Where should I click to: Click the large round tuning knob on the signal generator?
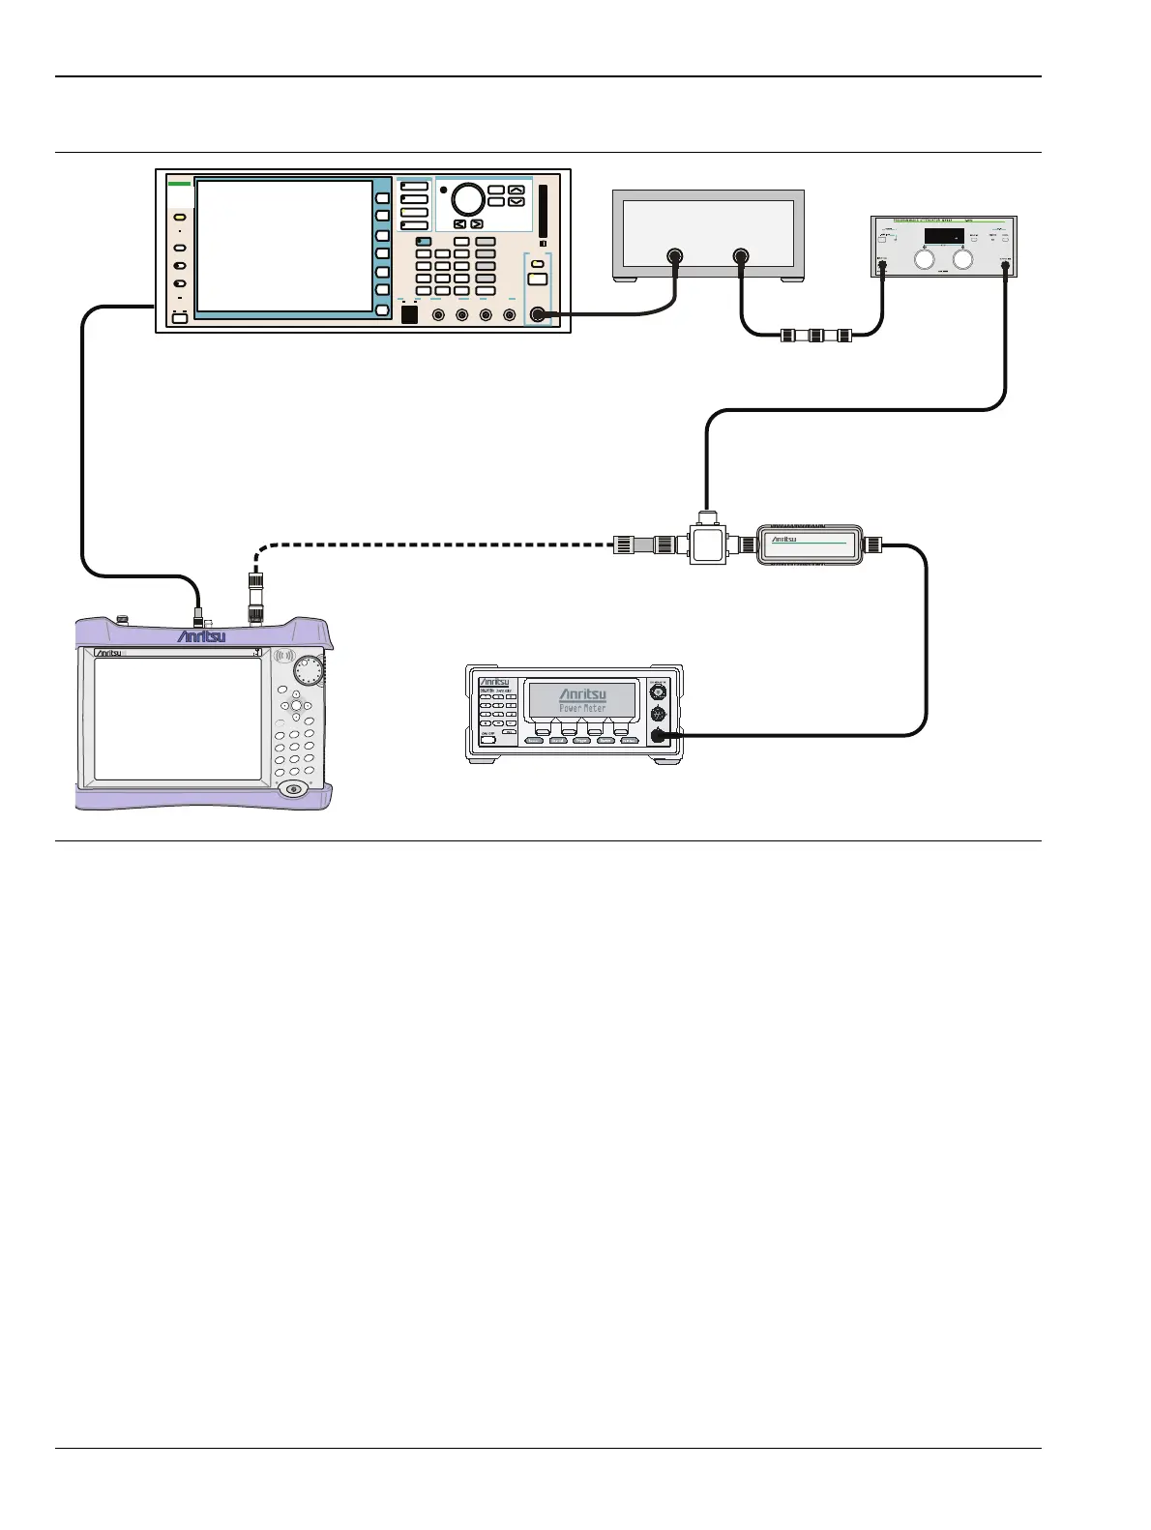pyautogui.click(x=467, y=199)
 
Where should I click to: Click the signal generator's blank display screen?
pyautogui.click(x=284, y=246)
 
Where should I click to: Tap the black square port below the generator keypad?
pyautogui.click(x=409, y=314)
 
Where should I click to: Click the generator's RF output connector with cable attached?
pyautogui.click(x=538, y=314)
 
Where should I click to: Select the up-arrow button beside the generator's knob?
pyautogui.click(x=516, y=191)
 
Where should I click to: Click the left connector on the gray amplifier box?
pyautogui.click(x=675, y=257)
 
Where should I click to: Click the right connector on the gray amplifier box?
pyautogui.click(x=741, y=257)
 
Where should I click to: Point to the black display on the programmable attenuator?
pyautogui.click(x=943, y=236)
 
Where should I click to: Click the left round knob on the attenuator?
pyautogui.click(x=925, y=259)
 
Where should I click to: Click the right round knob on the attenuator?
pyautogui.click(x=962, y=259)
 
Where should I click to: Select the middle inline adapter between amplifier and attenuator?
pyautogui.click(x=816, y=337)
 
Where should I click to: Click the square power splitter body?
pyautogui.click(x=708, y=544)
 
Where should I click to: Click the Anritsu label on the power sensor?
pyautogui.click(x=784, y=540)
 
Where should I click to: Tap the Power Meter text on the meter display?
pyautogui.click(x=582, y=708)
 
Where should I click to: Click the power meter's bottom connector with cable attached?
pyautogui.click(x=659, y=736)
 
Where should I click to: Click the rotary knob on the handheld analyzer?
pyautogui.click(x=310, y=668)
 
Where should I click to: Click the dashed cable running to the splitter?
pyautogui.click(x=435, y=545)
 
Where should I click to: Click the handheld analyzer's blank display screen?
pyautogui.click(x=178, y=719)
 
